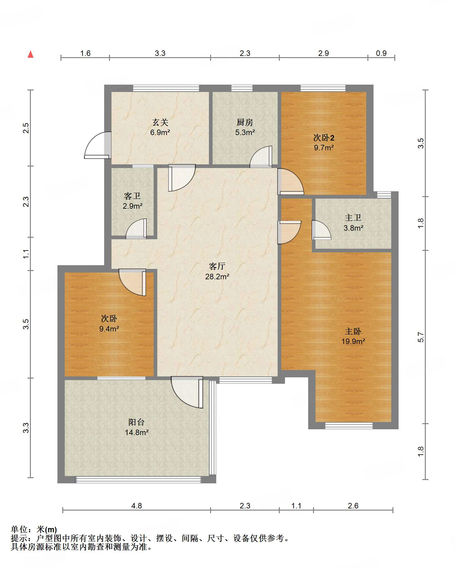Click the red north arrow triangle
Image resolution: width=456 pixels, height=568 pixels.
point(31,54)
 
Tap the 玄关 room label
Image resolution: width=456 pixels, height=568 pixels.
point(160,123)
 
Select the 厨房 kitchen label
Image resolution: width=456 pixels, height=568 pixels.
point(245,123)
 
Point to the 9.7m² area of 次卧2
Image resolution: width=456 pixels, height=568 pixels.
point(324,148)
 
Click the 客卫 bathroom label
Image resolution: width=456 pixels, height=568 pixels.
point(132,196)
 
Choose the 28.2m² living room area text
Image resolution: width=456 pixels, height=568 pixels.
point(217,277)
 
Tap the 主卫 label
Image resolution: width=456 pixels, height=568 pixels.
point(353,218)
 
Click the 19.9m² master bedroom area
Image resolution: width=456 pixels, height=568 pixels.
point(353,342)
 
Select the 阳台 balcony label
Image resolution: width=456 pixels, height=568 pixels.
point(136,422)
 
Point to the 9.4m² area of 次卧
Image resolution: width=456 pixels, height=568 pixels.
point(109,329)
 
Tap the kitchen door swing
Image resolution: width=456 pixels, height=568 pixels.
point(261,157)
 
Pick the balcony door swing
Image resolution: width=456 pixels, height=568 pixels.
point(187,392)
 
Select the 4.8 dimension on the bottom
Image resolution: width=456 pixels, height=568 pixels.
point(137,506)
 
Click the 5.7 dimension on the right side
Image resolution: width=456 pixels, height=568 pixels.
point(421,337)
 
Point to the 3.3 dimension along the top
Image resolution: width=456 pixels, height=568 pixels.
point(160,53)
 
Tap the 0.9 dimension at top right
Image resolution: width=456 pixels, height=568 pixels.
point(381,53)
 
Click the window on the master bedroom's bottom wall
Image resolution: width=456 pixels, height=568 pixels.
point(349,426)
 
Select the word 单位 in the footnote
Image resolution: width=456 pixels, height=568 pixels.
point(19,529)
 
